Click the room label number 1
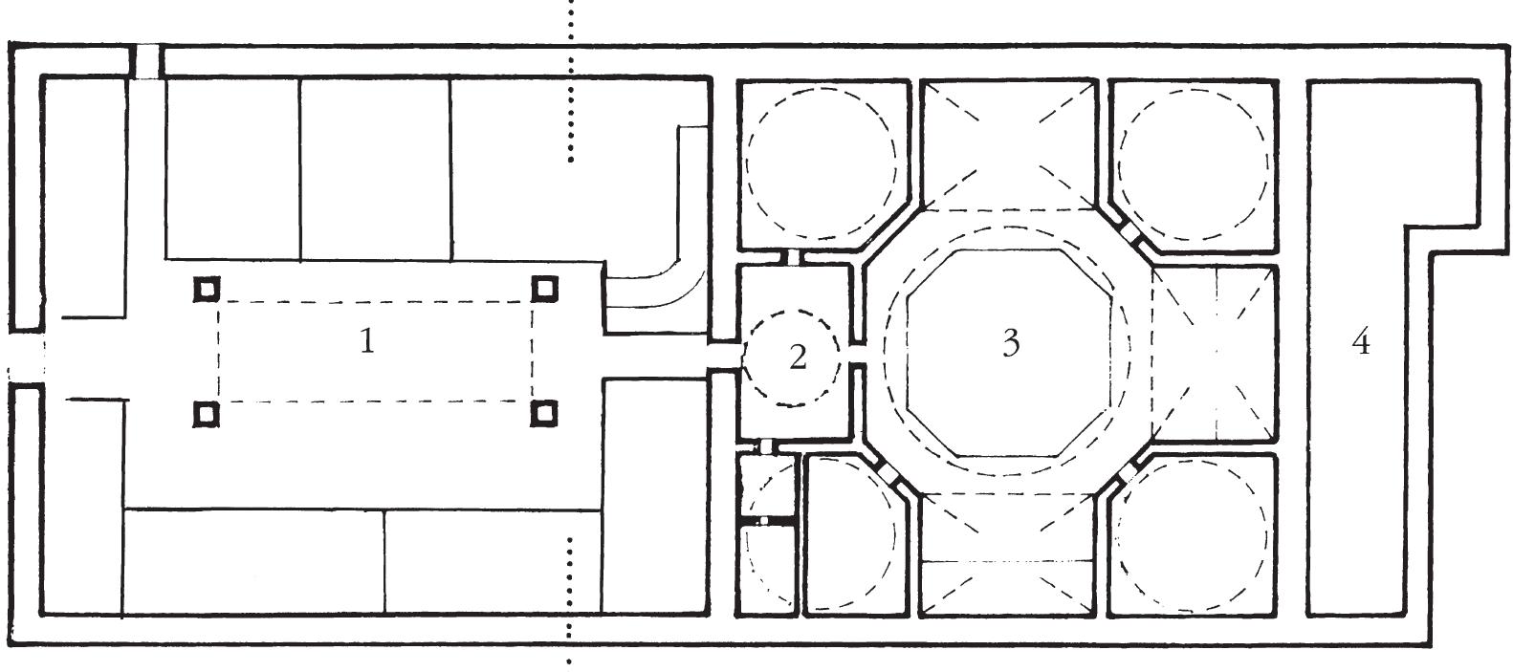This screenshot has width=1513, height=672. (367, 340)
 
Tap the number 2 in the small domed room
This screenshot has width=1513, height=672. (798, 358)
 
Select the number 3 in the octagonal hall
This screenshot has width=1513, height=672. (1011, 342)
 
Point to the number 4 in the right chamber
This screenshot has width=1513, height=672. (1361, 341)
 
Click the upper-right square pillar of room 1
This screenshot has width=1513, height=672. (544, 287)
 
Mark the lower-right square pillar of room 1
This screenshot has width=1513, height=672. (543, 413)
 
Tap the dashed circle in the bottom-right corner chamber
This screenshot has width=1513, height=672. (1193, 533)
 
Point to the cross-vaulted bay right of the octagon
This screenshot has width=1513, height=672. (1216, 354)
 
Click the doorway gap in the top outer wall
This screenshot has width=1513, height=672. (146, 61)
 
